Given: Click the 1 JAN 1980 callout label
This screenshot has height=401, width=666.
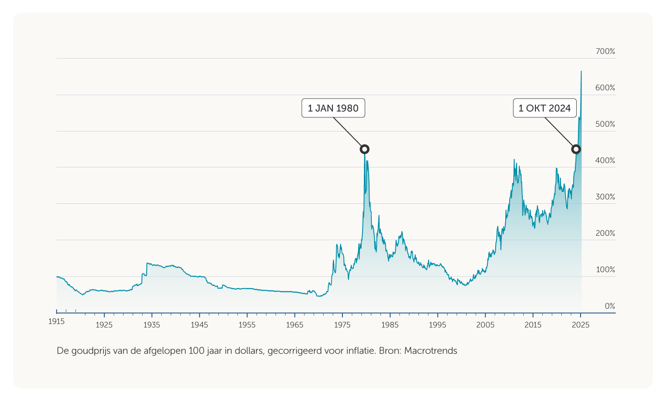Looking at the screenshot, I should coord(333,108).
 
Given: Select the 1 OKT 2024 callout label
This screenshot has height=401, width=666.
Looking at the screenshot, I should coord(545,108).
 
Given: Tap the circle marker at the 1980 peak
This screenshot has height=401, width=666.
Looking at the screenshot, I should coord(364,149).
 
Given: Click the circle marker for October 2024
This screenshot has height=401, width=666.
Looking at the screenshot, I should coord(576,149).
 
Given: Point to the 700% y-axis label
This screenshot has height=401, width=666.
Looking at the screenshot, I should coord(605,52).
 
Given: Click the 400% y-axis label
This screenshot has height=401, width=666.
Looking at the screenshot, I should coord(605,161).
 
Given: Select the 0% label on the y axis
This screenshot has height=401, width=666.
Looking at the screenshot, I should coord(610,306).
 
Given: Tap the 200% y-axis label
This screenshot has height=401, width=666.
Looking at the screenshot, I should coord(605,233).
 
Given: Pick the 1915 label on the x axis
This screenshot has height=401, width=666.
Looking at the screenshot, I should coord(56,322).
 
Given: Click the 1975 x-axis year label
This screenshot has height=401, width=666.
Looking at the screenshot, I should coord(342,325).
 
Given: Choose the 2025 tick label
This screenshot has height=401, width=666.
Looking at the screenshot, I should coord(581,325).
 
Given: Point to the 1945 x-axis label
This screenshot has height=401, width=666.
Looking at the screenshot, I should coord(199,325).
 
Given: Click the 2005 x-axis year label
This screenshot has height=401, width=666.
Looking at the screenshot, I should coord(485,325).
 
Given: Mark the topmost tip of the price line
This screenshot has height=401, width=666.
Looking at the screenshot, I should coord(581,71).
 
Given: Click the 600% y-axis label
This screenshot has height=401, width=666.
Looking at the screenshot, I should coord(605,88).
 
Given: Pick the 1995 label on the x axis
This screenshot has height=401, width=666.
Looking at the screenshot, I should coord(437,325).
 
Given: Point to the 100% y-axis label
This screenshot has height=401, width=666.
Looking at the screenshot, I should coord(605,270).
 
